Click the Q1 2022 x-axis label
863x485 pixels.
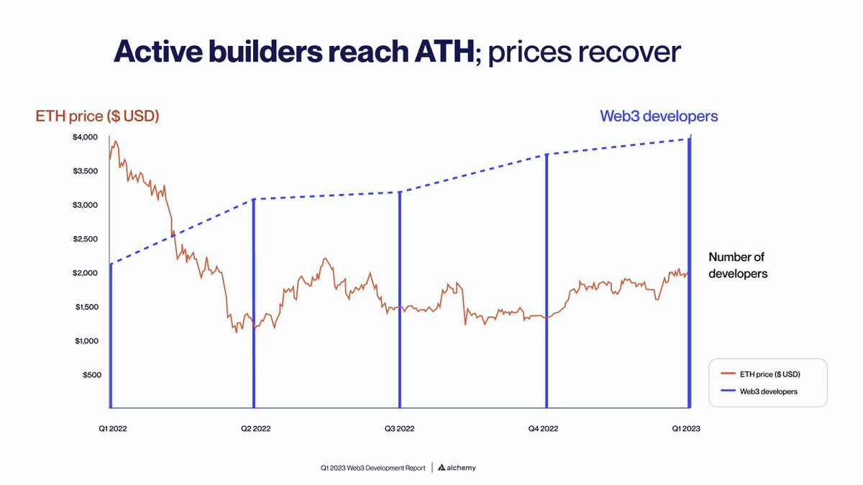point(113,429)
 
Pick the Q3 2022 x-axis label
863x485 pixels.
point(400,429)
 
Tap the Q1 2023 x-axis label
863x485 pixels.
point(686,429)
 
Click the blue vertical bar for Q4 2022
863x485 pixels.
point(547,281)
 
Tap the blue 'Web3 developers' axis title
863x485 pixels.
point(659,116)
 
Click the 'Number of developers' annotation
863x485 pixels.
point(738,265)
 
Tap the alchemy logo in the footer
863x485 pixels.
point(457,468)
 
